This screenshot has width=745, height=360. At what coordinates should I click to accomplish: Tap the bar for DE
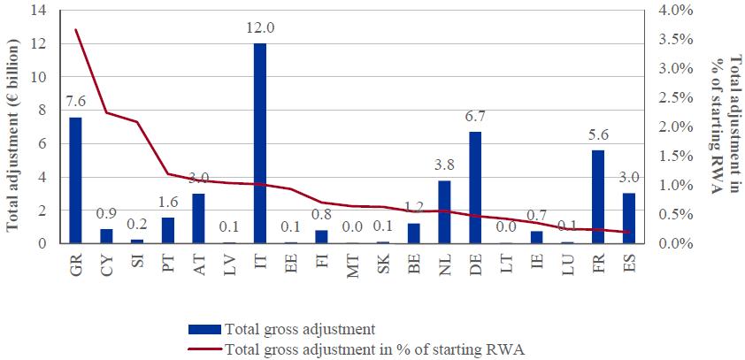475,188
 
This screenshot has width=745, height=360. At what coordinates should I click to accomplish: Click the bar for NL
444,211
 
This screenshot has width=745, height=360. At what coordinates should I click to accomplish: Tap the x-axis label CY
107,264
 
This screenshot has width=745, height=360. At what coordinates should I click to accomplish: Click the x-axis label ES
629,264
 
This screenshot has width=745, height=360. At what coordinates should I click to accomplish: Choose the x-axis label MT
352,264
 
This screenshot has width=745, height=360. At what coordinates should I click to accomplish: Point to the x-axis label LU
568,264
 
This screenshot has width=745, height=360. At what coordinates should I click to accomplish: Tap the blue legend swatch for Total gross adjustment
205,330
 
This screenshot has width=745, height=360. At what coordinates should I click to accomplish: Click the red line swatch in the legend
205,349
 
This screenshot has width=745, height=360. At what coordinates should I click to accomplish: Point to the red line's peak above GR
76,30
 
